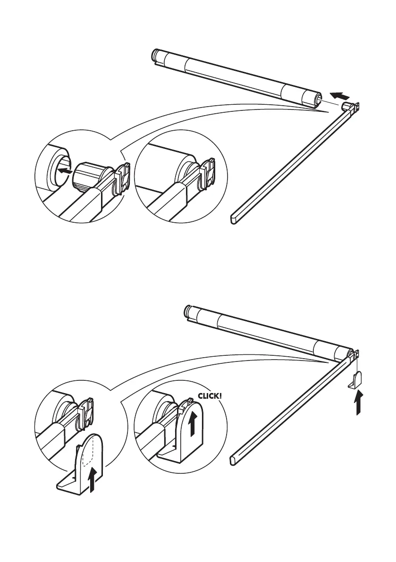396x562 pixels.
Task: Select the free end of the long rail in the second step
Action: pos(235,458)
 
